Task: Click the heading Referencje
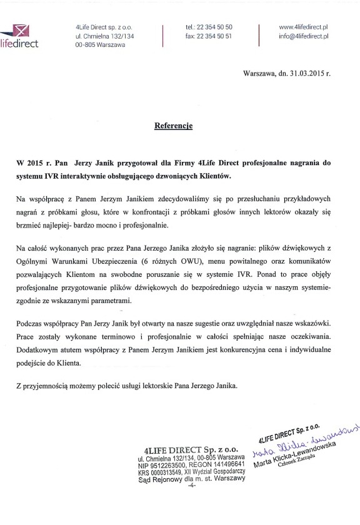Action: point(174,126)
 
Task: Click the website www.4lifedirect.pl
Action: point(304,28)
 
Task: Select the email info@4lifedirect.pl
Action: point(304,37)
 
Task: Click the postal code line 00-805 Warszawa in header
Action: point(100,46)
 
